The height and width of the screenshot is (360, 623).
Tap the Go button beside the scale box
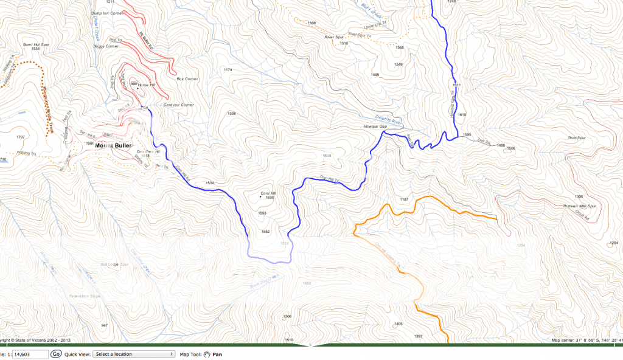coord(56,353)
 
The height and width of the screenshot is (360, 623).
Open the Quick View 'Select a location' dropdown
coord(133,353)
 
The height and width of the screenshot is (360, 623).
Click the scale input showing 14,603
coord(30,353)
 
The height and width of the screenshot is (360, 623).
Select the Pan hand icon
coord(207,353)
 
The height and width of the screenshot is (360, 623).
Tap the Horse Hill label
coord(147,85)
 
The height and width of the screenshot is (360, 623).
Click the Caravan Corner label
coord(179,105)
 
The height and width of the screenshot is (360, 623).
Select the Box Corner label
coord(187,79)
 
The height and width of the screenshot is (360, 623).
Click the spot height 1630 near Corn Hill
coord(270,198)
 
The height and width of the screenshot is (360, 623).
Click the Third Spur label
coord(576,139)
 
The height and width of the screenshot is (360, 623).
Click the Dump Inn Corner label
coord(106,13)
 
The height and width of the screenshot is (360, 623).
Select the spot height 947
coord(104,326)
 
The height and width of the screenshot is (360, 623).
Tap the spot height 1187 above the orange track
coord(403,199)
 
